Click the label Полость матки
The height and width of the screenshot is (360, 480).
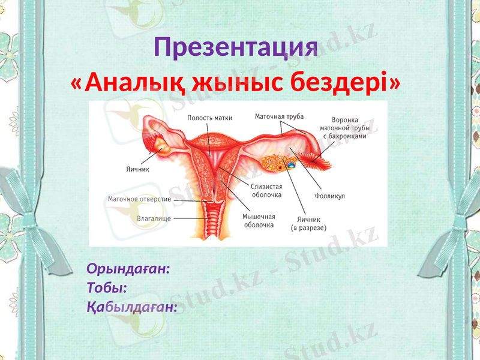(209, 118)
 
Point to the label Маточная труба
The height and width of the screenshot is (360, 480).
(279, 116)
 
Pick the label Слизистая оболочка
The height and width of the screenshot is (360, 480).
(266, 191)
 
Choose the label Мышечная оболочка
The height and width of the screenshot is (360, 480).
(259, 220)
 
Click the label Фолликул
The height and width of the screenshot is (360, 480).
(329, 196)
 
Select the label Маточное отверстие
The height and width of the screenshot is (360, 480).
(140, 199)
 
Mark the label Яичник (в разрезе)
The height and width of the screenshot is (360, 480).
(308, 223)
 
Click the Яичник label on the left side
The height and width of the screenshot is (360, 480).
(138, 169)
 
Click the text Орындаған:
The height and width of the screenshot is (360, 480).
(129, 268)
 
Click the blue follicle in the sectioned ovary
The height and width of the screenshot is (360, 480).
(290, 163)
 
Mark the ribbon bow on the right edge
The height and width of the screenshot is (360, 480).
(465, 198)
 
